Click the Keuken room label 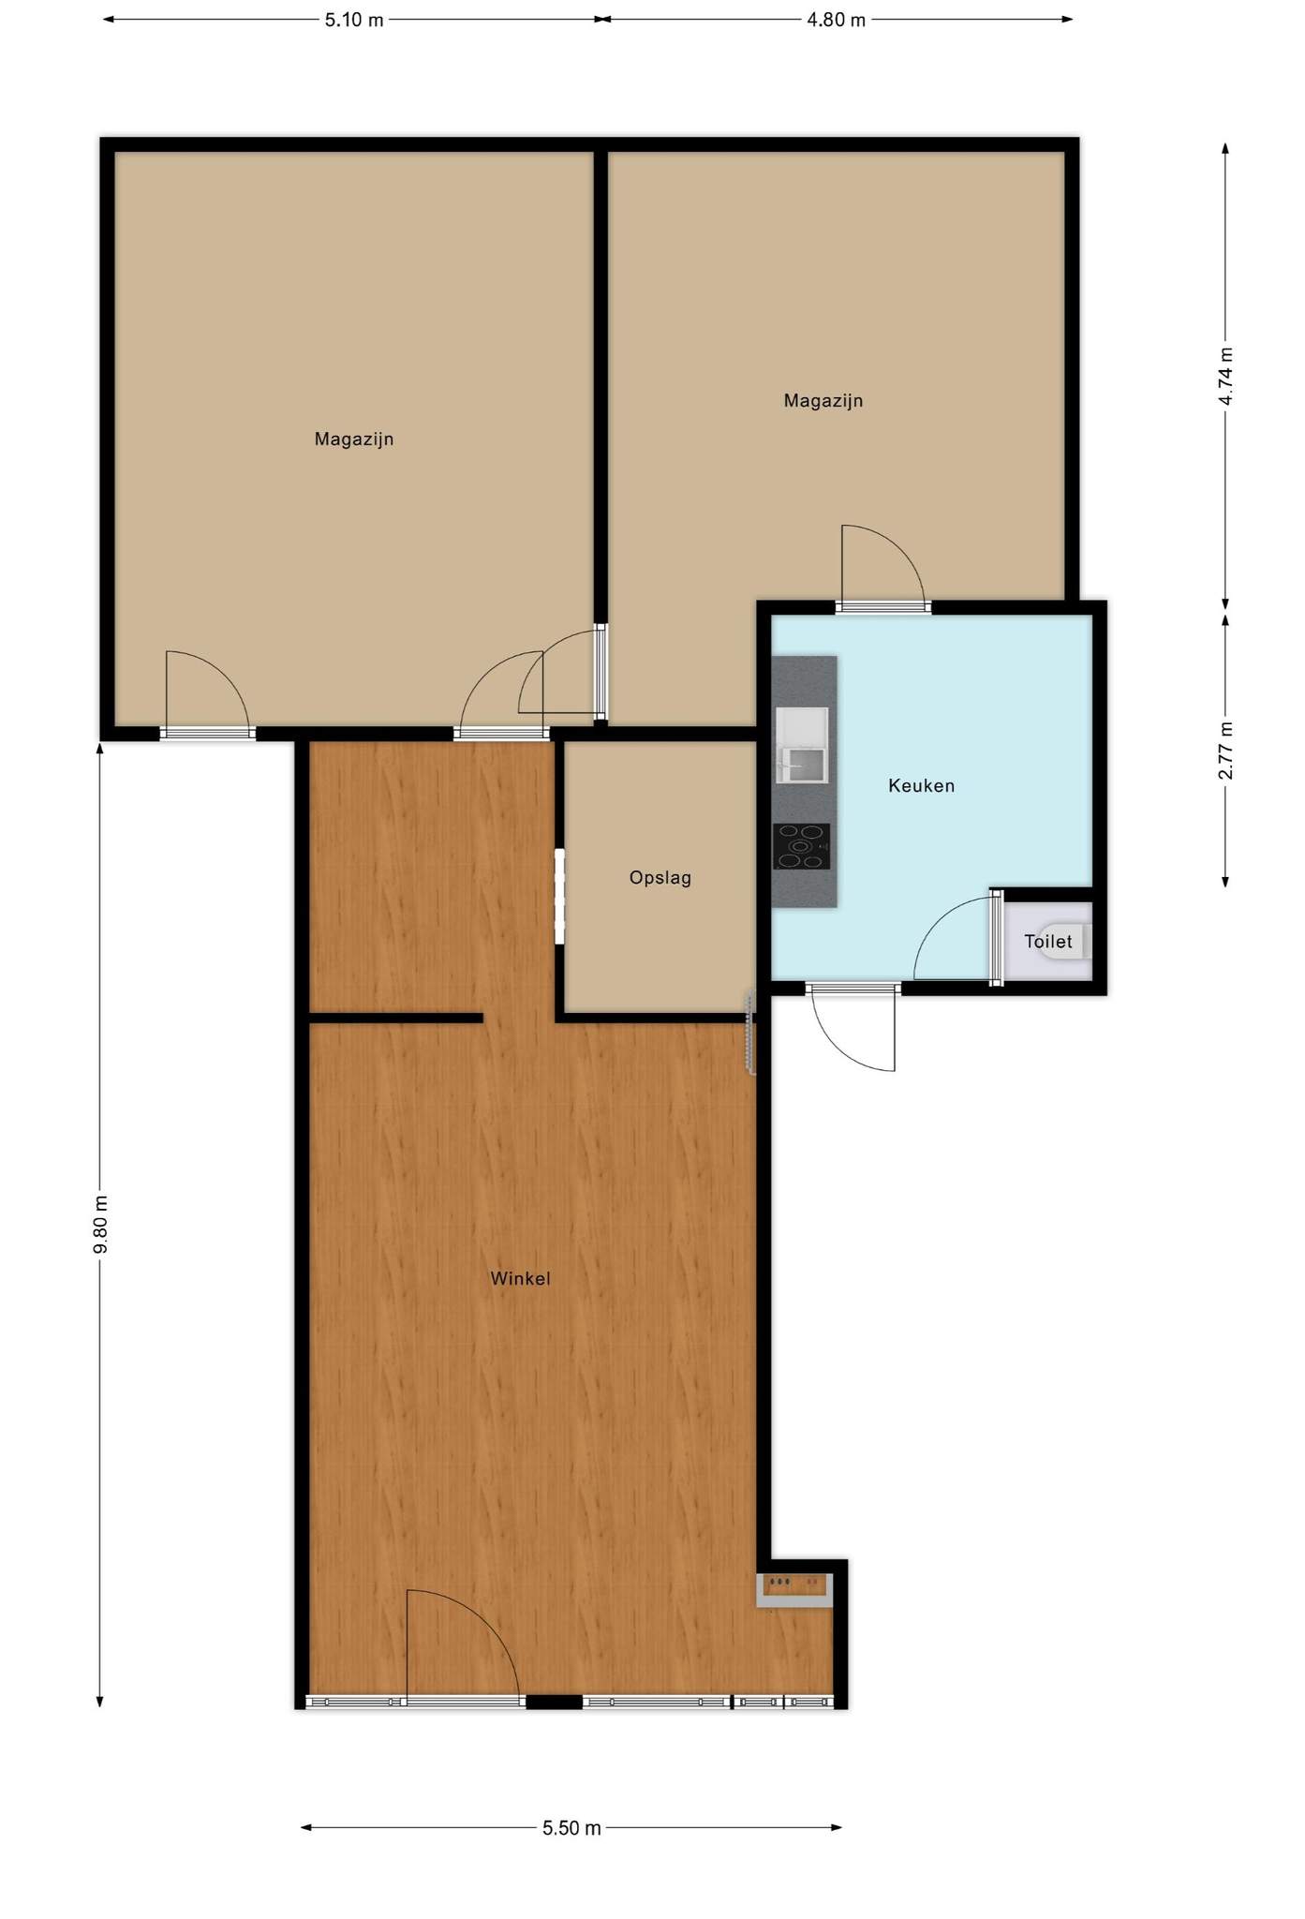pos(921,785)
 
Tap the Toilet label pos(1047,941)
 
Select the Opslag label pos(660,878)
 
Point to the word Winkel pos(520,1278)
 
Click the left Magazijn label pos(353,439)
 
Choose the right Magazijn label pos(823,401)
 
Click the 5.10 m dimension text pos(354,20)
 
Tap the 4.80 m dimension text pos(836,20)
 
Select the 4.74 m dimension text pos(1225,376)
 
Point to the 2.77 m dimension pos(1225,751)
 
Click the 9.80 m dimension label pos(100,1225)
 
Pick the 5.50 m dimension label pos(571,1828)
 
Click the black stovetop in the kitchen pos(801,846)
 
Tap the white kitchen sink pos(802,745)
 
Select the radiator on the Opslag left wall pos(559,896)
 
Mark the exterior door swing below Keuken pos(853,1028)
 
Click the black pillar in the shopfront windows pos(554,1702)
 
